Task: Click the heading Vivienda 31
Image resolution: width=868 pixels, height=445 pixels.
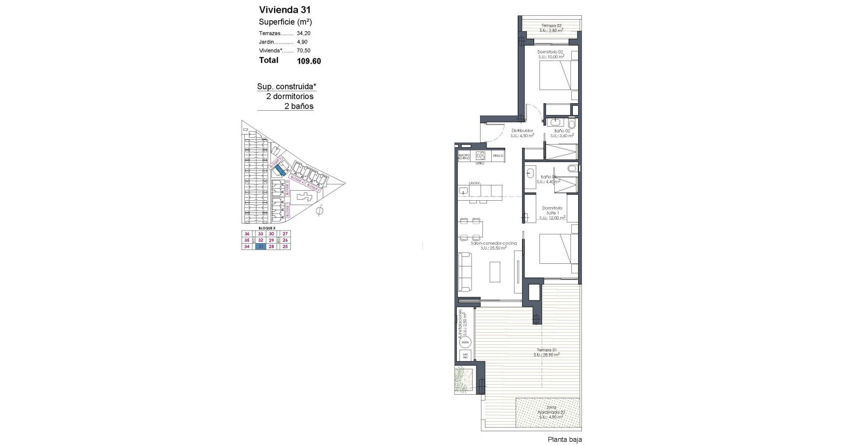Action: click(x=285, y=10)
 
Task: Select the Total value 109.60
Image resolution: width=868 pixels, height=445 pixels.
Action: click(x=309, y=61)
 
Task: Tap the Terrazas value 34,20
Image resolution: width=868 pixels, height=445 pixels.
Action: click(x=304, y=33)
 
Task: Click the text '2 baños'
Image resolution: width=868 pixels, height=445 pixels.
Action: click(x=299, y=106)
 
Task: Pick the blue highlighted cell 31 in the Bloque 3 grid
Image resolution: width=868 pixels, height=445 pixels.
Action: click(x=260, y=246)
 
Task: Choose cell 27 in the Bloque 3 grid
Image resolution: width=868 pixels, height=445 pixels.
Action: click(x=285, y=234)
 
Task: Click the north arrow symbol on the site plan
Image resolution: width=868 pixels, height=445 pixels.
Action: click(x=319, y=212)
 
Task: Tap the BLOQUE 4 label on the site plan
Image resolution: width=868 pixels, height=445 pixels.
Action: click(x=297, y=180)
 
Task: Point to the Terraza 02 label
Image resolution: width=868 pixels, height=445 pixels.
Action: click(x=551, y=25)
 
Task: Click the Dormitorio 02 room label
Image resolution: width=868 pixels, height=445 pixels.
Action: click(x=551, y=52)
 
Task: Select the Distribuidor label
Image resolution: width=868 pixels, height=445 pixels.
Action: click(x=522, y=130)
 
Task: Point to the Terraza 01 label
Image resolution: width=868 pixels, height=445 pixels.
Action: click(x=547, y=350)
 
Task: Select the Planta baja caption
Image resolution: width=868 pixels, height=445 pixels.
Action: click(x=564, y=439)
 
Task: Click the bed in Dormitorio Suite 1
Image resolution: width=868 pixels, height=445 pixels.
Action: click(x=558, y=249)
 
